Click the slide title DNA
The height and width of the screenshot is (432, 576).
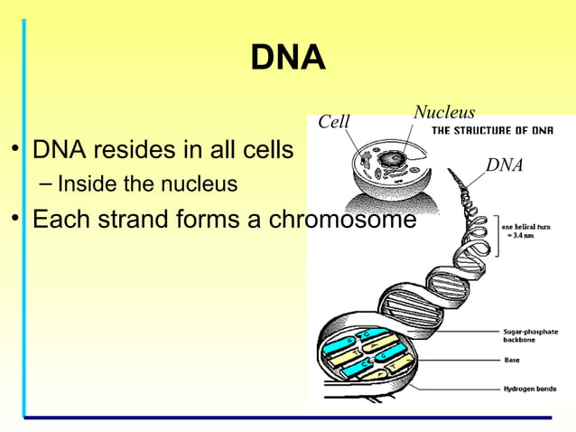tap(287, 58)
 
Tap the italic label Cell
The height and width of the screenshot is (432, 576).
tap(335, 122)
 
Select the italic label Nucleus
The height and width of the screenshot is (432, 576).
tap(443, 112)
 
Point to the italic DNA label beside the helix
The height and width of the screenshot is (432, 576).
tap(504, 164)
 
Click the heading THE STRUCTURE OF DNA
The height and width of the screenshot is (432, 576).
tap(492, 130)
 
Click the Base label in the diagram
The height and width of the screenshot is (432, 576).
tap(511, 360)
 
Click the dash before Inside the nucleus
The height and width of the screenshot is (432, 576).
tap(45, 184)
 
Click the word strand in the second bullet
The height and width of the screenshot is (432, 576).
tap(123, 220)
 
